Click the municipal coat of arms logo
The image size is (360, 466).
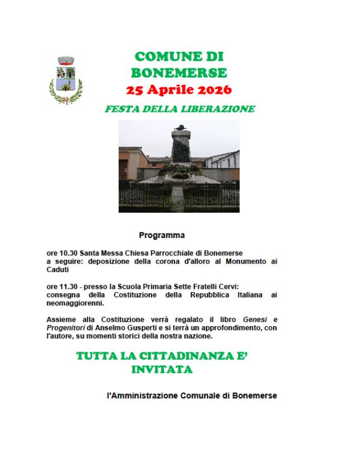[66, 80]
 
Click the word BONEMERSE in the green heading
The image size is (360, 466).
[179, 73]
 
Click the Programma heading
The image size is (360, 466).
[162, 235]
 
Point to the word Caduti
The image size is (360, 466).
[57, 269]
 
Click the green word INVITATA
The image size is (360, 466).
[162, 369]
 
